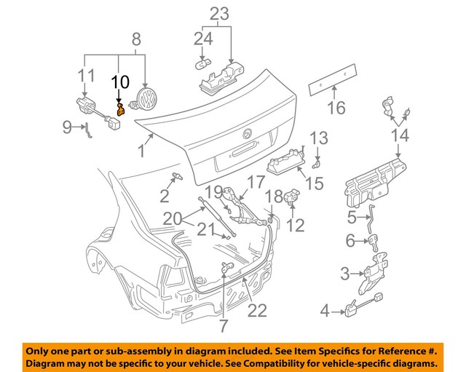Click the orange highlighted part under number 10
(x=121, y=110)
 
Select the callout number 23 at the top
(x=219, y=13)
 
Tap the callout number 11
(x=87, y=75)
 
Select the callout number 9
(x=68, y=128)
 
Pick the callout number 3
(x=345, y=274)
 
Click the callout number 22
(x=257, y=311)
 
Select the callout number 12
(x=296, y=226)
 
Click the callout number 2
(x=165, y=195)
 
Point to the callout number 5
(x=352, y=217)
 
